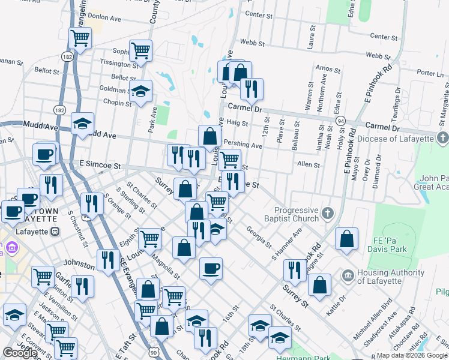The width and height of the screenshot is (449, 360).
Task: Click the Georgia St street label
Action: point(259,239)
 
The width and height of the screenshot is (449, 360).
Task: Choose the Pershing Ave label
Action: point(243,145)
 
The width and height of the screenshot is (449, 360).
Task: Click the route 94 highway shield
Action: point(341,121)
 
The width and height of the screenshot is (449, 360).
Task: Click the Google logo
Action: point(20,353)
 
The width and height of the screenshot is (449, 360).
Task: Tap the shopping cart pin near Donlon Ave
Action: point(80,38)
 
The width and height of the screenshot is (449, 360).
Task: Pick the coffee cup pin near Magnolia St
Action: point(210,269)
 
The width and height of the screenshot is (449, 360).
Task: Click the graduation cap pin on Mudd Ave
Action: point(82,124)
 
